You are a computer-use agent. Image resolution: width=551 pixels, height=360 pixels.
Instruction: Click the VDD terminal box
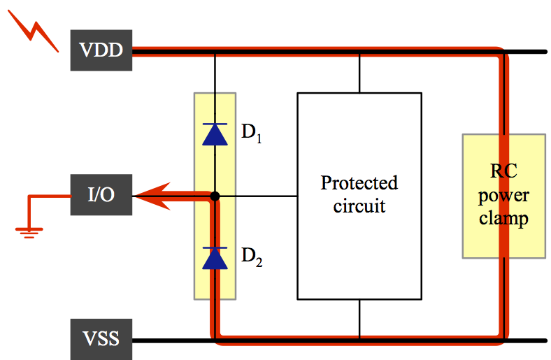click(x=101, y=50)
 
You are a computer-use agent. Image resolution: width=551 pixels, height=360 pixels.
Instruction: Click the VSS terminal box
click(x=101, y=340)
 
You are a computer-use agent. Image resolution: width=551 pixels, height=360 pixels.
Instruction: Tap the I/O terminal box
click(x=101, y=195)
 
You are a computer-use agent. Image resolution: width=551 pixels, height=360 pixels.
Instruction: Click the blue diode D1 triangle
click(x=215, y=134)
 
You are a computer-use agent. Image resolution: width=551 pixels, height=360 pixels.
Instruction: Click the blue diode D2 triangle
click(x=215, y=258)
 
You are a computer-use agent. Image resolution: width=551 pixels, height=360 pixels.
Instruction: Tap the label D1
click(x=252, y=134)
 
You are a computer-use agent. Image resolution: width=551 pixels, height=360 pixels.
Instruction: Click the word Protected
click(x=359, y=183)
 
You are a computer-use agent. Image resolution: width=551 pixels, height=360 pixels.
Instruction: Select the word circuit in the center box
click(x=359, y=206)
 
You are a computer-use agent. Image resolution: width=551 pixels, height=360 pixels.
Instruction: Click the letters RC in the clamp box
click(x=503, y=171)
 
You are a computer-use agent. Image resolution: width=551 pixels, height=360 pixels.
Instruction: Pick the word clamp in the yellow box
click(x=503, y=219)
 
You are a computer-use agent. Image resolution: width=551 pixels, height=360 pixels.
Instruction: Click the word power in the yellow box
click(x=503, y=195)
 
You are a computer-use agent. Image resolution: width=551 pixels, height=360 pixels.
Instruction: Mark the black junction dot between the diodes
click(x=215, y=196)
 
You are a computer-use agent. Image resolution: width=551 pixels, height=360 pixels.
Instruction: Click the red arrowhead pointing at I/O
click(x=150, y=196)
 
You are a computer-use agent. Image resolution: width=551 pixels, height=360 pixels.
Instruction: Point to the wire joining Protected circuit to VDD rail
click(x=359, y=73)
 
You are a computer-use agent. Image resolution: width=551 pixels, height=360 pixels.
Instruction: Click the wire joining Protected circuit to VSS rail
click(x=359, y=319)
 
